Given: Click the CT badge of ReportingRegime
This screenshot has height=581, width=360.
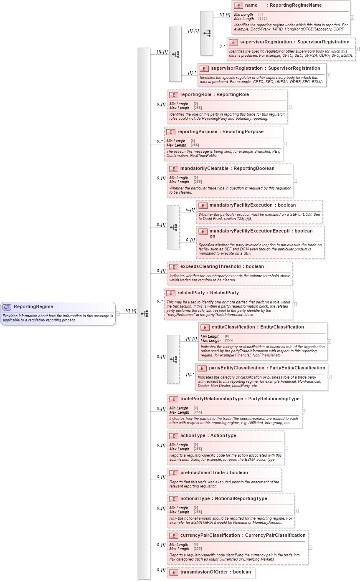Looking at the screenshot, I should (7, 307).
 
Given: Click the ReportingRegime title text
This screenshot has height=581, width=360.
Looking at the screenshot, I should (33, 307).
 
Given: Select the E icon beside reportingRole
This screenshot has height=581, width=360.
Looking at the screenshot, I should (173, 95).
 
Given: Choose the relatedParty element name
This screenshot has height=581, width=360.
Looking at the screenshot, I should (191, 293).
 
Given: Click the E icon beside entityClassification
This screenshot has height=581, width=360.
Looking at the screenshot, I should (205, 328).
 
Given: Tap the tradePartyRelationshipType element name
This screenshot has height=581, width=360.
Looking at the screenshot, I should (211, 399).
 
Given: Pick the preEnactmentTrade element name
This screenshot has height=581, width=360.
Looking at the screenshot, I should (202, 473).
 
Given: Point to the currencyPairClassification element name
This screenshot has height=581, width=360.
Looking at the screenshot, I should (210, 536).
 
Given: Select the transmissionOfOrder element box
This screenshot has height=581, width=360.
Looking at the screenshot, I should (211, 572).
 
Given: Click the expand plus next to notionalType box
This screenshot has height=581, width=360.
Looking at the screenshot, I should (297, 511).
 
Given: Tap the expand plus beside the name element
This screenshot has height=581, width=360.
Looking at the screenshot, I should (352, 18).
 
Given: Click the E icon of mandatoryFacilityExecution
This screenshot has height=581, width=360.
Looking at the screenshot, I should (203, 206).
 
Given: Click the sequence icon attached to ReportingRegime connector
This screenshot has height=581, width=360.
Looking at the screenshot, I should (144, 313).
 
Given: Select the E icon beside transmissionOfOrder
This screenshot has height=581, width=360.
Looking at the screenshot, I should (173, 573).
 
